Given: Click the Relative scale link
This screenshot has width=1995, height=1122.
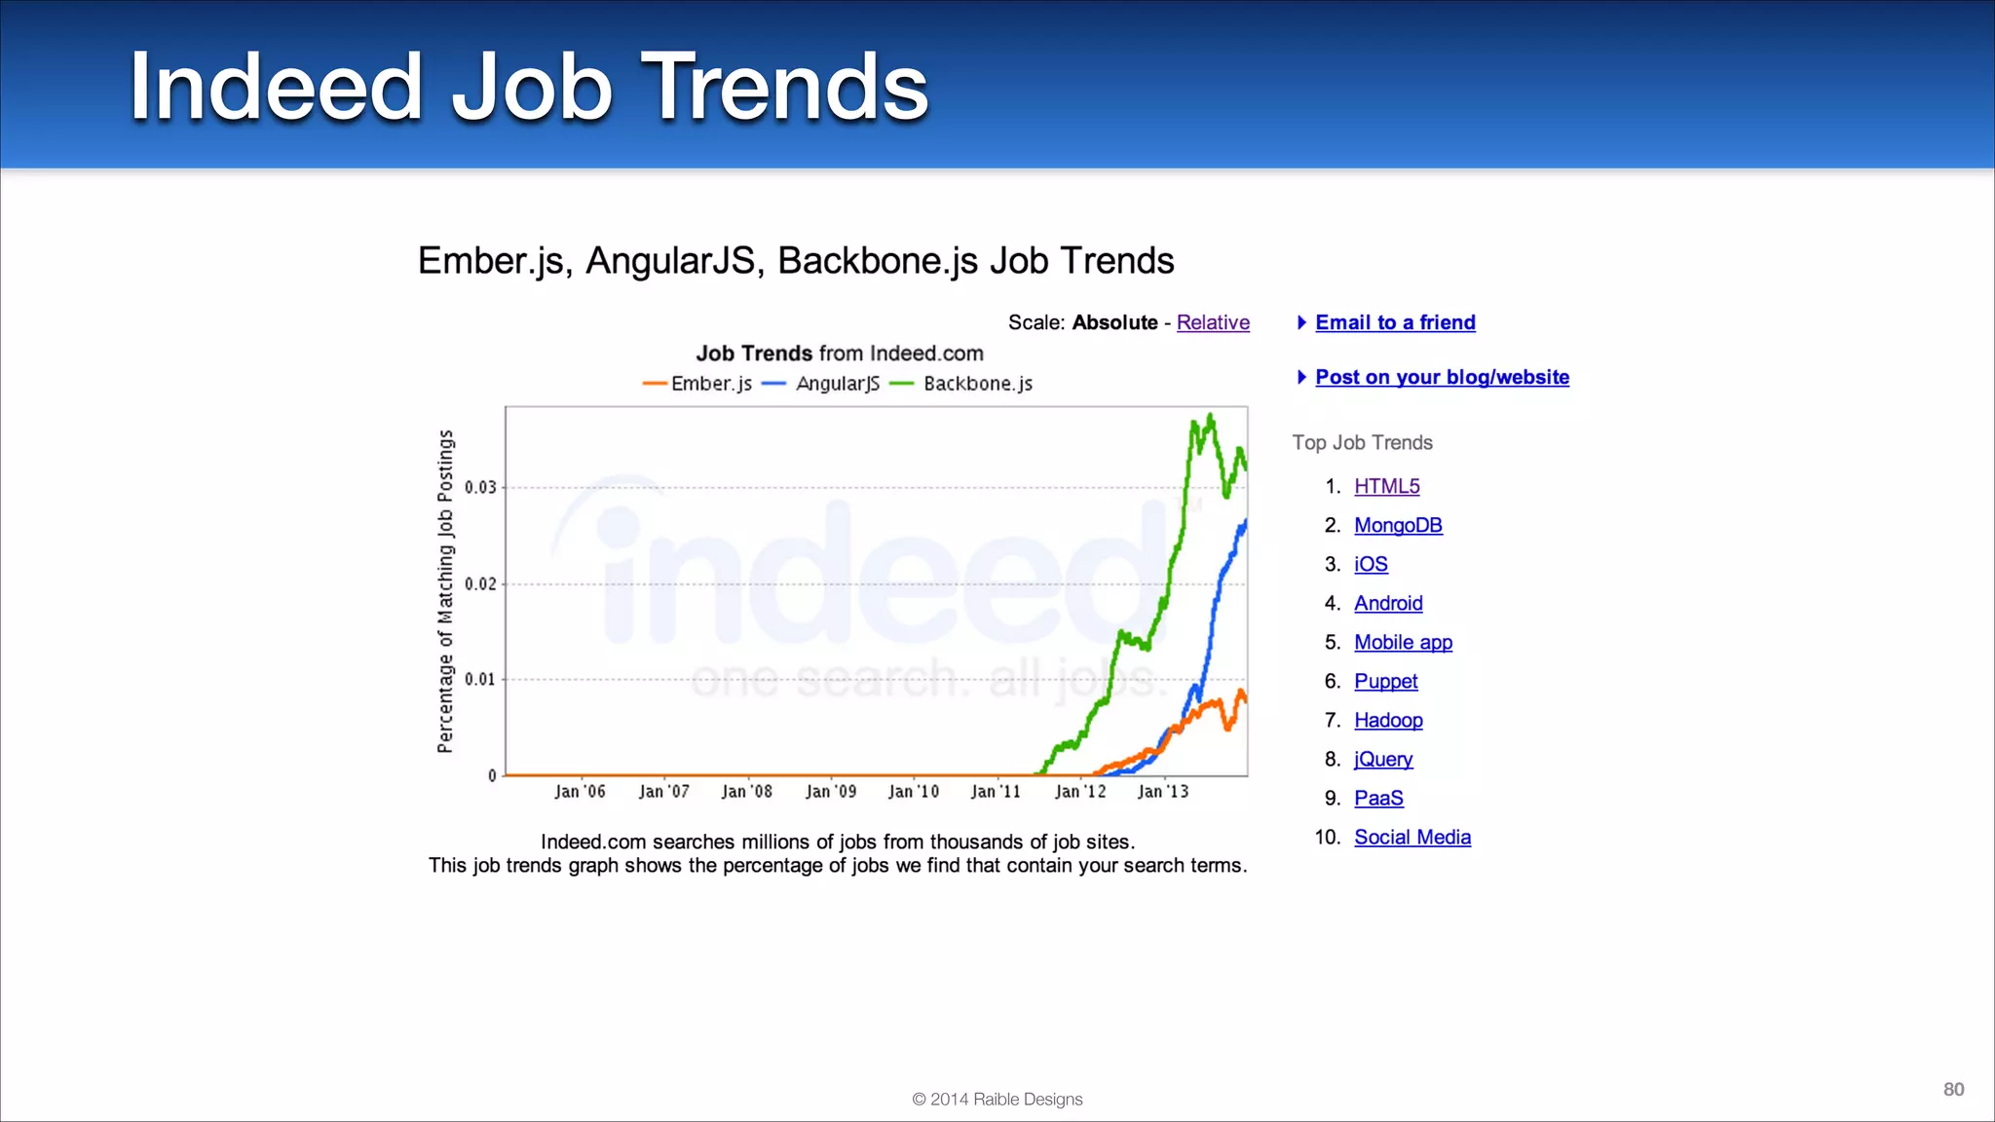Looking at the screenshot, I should click(1213, 322).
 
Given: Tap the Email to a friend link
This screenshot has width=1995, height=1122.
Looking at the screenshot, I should click(1394, 322).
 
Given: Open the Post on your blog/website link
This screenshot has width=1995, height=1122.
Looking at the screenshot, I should click(1442, 377).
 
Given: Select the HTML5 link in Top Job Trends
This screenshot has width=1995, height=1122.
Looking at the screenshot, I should click(1386, 486).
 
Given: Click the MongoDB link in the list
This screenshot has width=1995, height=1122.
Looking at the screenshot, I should click(1398, 525).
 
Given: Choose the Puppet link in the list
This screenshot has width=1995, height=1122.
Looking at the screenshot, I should click(1385, 681).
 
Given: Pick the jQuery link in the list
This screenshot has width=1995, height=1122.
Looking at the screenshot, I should click(1382, 759).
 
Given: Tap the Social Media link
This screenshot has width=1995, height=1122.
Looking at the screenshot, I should click(1412, 837).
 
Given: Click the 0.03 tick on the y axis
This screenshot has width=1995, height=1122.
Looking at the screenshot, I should click(480, 487).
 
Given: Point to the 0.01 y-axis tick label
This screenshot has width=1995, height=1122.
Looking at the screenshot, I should click(480, 679).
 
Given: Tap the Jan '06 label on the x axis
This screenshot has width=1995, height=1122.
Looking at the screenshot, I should click(580, 792).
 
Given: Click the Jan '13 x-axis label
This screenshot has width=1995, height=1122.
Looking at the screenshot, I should click(1163, 792).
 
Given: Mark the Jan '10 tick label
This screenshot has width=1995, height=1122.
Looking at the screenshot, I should click(914, 792).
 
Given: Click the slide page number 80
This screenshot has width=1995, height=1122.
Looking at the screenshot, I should click(1953, 1089).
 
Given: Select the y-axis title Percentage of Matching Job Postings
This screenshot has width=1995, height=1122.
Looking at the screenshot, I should click(445, 591).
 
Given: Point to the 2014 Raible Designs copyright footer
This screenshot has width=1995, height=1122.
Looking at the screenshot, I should click(997, 1099).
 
